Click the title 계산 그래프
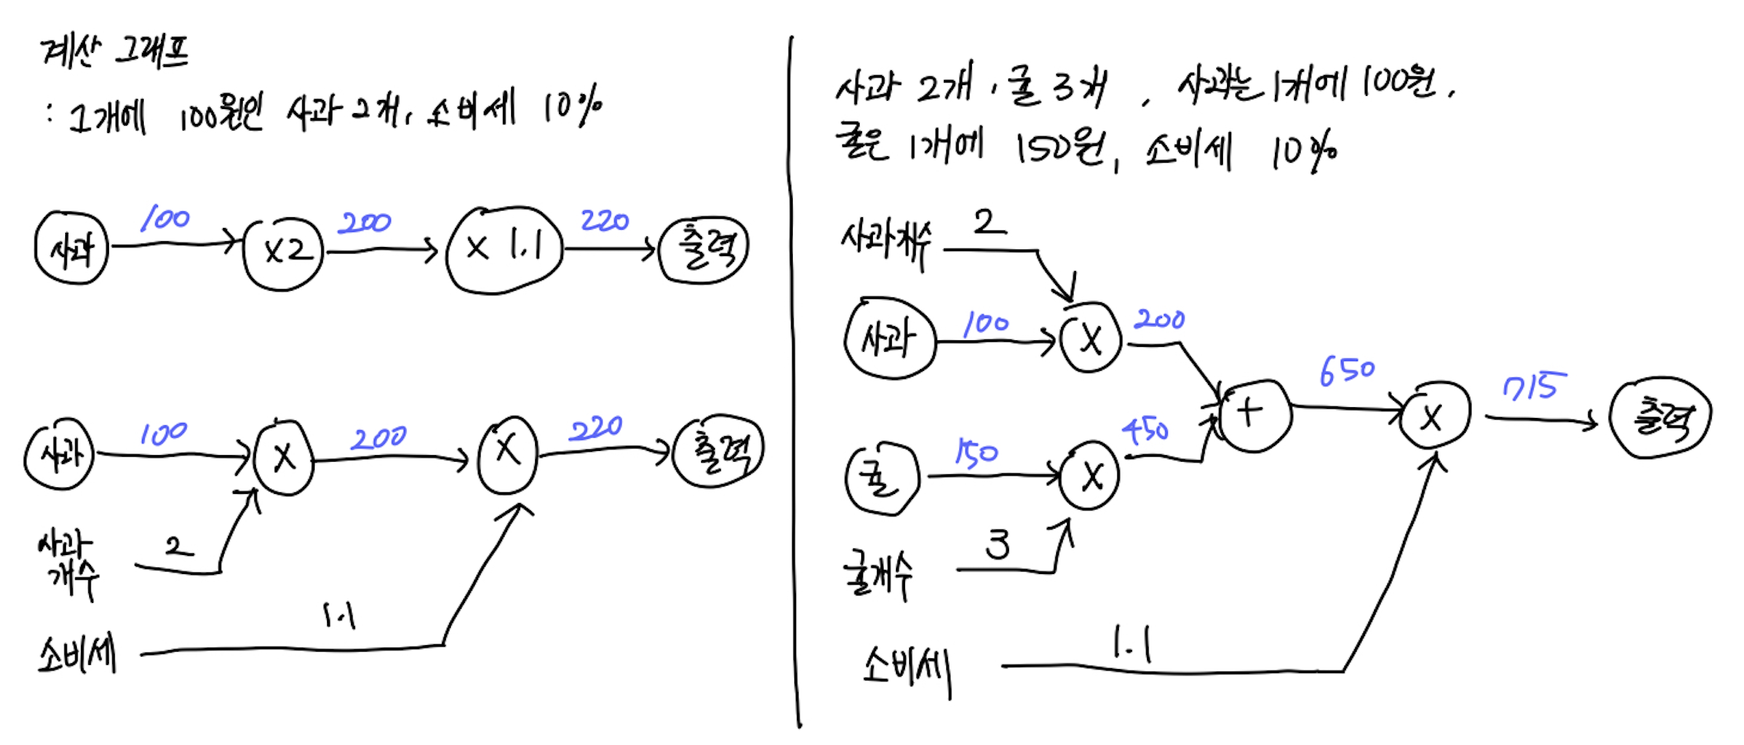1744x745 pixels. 115,52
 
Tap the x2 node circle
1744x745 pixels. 283,252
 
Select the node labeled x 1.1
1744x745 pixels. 504,249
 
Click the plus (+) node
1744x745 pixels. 1253,414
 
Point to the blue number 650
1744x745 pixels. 1347,372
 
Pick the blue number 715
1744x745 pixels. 1533,387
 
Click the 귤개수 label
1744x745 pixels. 878,575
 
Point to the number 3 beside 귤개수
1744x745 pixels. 998,545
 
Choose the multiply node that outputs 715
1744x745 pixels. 1434,415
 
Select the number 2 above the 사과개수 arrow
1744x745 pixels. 988,221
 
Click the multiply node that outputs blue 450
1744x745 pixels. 1090,477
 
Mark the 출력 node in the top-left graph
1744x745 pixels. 704,249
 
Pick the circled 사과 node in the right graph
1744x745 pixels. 889,339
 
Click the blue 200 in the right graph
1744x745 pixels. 1159,320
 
